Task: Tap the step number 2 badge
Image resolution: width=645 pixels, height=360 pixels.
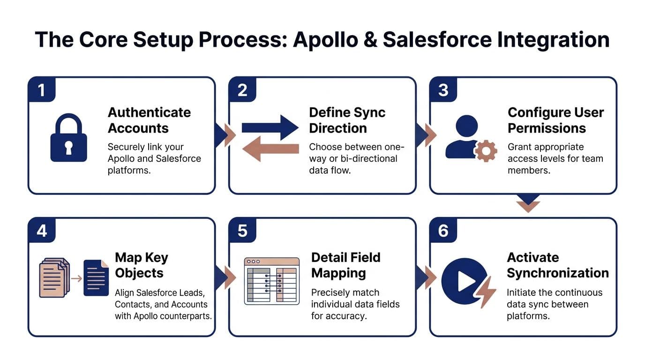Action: [x=242, y=90]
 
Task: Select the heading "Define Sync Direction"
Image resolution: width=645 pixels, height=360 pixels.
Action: [x=347, y=120]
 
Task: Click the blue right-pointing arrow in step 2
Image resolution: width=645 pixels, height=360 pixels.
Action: [x=270, y=127]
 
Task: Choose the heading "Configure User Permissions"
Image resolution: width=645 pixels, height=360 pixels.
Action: [x=555, y=120]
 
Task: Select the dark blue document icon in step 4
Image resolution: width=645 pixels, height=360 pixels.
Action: [x=96, y=277]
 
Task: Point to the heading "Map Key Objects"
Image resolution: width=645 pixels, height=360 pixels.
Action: [x=141, y=265]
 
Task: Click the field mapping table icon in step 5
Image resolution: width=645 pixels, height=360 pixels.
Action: [x=272, y=281]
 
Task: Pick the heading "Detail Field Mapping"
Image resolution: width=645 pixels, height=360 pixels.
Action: [x=345, y=265]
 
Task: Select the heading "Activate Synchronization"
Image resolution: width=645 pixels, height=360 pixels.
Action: [x=557, y=265]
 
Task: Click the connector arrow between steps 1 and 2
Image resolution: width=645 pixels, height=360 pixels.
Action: [x=224, y=135]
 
